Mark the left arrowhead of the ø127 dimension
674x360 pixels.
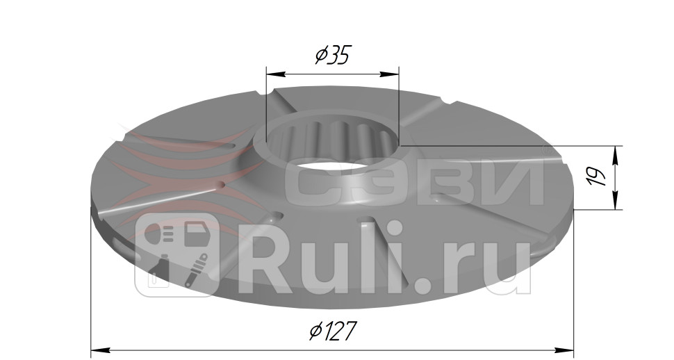tap(98, 349)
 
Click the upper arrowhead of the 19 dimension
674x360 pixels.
tap(615, 152)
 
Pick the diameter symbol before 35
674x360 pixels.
tap(320, 56)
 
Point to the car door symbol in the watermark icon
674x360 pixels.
tap(197, 233)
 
